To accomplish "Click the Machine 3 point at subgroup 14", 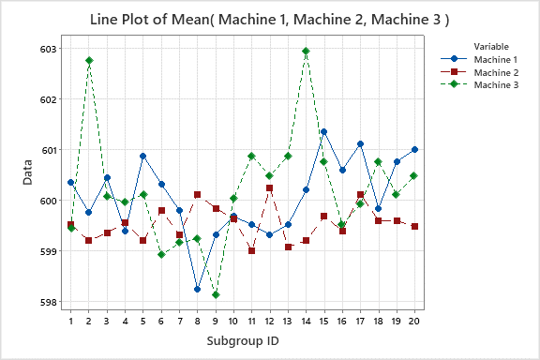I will [x=306, y=51].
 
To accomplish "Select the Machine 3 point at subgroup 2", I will [x=89, y=61].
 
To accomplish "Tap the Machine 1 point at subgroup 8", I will [x=198, y=289].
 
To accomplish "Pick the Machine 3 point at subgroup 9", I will [x=216, y=294].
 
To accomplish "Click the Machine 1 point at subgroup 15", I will [x=323, y=132].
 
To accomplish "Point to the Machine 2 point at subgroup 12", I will [x=270, y=188].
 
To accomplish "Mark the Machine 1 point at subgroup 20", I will [x=414, y=149].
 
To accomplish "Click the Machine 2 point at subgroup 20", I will [x=414, y=226].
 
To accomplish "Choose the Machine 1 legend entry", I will [x=498, y=59].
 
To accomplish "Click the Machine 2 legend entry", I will [x=498, y=72].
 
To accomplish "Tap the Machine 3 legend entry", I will [x=498, y=85].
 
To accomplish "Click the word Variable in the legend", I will [x=492, y=46].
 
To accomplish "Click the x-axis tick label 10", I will [x=233, y=322].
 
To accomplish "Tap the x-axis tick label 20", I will [x=414, y=322].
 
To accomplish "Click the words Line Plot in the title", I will [x=127, y=19].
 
